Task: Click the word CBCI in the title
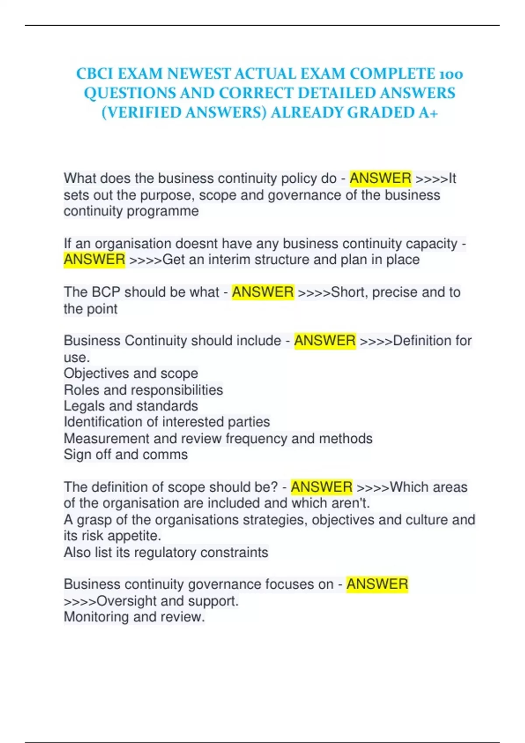pyautogui.click(x=94, y=73)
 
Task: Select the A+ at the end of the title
pyautogui.click(x=427, y=113)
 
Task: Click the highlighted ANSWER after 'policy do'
pyautogui.click(x=380, y=178)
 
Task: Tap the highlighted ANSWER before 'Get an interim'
pyautogui.click(x=94, y=260)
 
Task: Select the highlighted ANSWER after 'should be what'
pyautogui.click(x=262, y=292)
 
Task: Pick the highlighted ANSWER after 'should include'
pyautogui.click(x=325, y=340)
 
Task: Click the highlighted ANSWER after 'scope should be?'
pyautogui.click(x=322, y=487)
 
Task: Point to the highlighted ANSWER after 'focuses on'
pyautogui.click(x=377, y=584)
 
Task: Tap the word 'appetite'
pyautogui.click(x=134, y=536)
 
